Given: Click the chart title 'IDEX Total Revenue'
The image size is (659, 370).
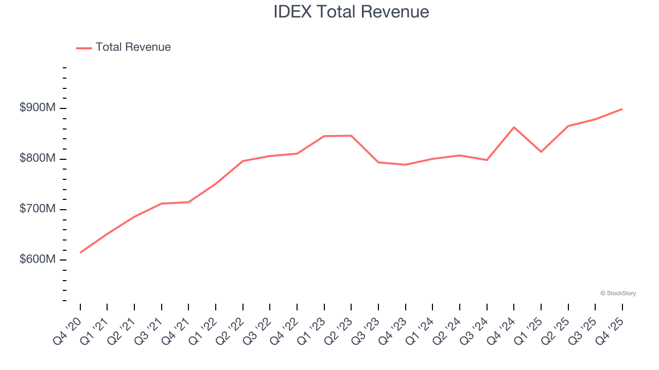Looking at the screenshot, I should click(351, 12).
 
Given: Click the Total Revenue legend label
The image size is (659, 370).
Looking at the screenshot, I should click(133, 47).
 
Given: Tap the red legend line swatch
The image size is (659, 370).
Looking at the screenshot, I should click(84, 48).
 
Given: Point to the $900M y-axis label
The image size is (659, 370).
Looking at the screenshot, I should click(37, 108).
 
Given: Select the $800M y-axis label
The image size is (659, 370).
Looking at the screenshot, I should click(37, 158).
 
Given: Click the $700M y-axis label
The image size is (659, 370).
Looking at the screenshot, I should click(37, 209).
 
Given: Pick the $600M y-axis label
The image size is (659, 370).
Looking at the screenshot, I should click(37, 260).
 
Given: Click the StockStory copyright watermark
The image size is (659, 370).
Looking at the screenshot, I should click(618, 293).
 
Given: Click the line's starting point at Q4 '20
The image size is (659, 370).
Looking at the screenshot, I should click(80, 252).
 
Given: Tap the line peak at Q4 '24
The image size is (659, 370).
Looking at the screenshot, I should click(514, 127).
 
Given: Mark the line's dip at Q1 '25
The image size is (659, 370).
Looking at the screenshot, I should click(541, 152).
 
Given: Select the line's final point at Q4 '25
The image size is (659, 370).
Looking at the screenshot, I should click(622, 109).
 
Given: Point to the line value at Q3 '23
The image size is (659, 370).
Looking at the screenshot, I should click(378, 162).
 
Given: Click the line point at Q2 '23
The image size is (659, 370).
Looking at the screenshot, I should click(351, 136).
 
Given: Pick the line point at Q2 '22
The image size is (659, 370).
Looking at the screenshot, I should click(243, 161).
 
